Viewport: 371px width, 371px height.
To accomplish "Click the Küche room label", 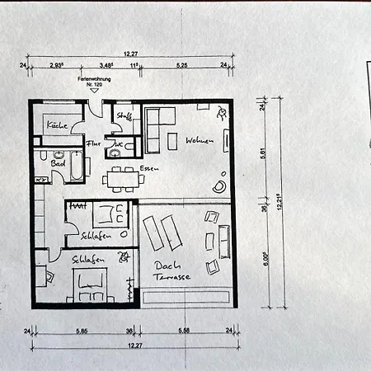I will (56, 125).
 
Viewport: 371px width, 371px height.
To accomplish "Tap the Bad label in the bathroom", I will (58, 163).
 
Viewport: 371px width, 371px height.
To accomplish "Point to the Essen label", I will (149, 168).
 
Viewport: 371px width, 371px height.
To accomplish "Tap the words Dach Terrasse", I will (172, 271).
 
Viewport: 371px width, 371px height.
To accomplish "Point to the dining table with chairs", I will (121, 177).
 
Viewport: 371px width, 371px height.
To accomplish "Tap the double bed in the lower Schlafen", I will (89, 287).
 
